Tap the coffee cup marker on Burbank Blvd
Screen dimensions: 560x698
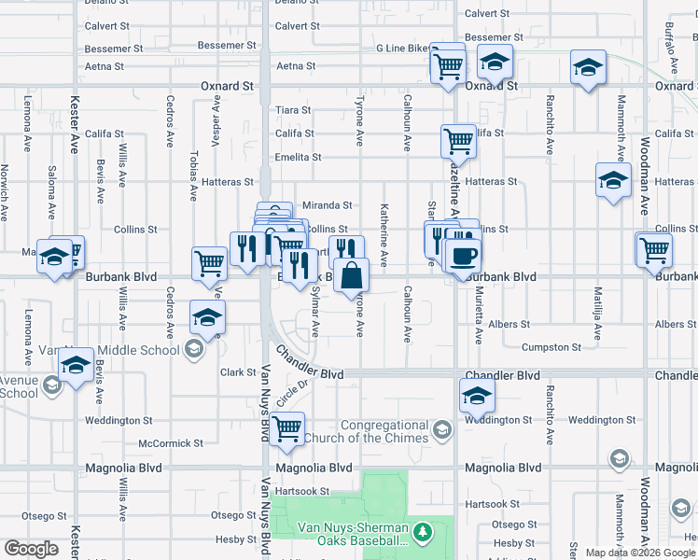pyautogui.click(x=462, y=255)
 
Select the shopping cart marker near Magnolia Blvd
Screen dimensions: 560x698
pyautogui.click(x=287, y=428)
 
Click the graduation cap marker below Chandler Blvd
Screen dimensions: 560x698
pyautogui.click(x=477, y=397)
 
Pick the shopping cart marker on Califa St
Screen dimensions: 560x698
pyautogui.click(x=458, y=142)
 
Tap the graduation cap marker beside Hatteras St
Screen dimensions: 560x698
pyautogui.click(x=613, y=180)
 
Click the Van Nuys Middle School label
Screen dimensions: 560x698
pyautogui.click(x=122, y=350)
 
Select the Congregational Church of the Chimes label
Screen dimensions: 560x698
pyautogui.click(x=384, y=431)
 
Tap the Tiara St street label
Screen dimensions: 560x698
pyautogui.click(x=293, y=110)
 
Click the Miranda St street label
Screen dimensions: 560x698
pyautogui.click(x=327, y=205)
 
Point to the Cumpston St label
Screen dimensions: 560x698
pyautogui.click(x=551, y=347)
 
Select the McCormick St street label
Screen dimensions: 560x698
pyautogui.click(x=170, y=443)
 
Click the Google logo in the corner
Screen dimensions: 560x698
pyautogui.click(x=31, y=549)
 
